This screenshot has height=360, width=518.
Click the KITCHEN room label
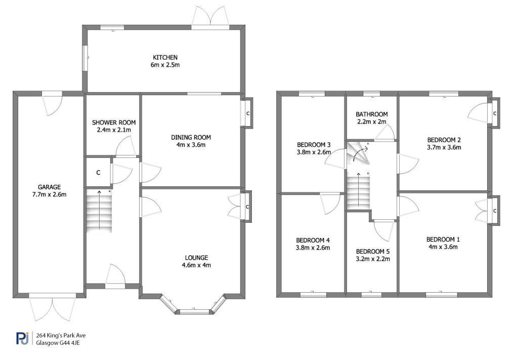click(x=165, y=58)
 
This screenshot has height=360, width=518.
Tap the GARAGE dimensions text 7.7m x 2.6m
click(x=49, y=194)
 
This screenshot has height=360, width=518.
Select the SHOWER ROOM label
click(x=114, y=123)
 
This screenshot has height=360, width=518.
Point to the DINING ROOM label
click(x=191, y=137)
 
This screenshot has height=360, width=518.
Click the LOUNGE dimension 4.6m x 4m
click(x=196, y=265)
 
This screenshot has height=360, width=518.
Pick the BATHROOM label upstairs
click(x=372, y=114)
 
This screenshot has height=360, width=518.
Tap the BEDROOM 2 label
click(x=444, y=140)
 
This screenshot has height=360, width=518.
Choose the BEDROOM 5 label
click(x=373, y=251)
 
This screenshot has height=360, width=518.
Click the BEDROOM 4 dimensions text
click(x=313, y=247)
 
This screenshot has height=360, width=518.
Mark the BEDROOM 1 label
click(x=443, y=239)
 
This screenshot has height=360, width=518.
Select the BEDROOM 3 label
click(x=314, y=144)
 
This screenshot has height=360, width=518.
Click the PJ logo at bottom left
click(x=22, y=338)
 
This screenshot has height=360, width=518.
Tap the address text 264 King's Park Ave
click(x=61, y=335)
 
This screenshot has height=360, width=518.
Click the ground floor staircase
click(x=99, y=211)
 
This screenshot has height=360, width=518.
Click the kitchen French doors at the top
click(x=210, y=17)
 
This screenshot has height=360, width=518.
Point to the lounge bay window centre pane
click(x=194, y=311)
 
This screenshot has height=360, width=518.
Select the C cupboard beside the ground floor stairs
click(x=98, y=173)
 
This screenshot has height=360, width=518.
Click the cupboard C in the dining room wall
click(x=247, y=113)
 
